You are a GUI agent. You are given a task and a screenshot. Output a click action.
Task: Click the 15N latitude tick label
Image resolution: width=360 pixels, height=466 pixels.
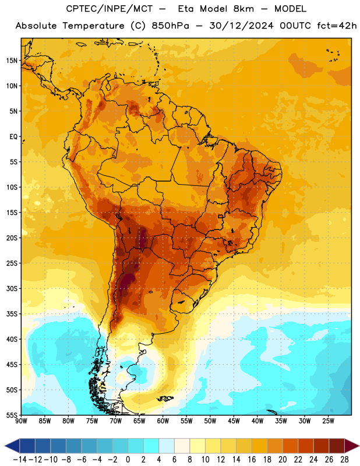(x=12, y=61)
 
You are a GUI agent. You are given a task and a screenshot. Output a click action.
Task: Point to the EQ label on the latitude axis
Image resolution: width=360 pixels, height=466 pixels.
(x=13, y=137)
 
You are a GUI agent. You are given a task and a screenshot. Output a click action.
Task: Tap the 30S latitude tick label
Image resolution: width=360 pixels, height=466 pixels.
(x=12, y=288)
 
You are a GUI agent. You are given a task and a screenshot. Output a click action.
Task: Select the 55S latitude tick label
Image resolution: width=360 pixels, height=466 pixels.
(x=12, y=415)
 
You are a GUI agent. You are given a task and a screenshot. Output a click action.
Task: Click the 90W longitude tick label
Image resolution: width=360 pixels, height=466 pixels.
(x=22, y=421)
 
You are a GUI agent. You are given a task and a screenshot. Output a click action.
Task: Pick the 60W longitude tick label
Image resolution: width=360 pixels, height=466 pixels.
(x=163, y=421)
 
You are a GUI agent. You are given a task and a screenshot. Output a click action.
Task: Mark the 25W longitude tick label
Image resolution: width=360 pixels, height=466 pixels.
(x=328, y=421)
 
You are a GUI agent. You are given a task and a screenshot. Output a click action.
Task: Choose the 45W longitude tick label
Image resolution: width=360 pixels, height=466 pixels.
(x=234, y=421)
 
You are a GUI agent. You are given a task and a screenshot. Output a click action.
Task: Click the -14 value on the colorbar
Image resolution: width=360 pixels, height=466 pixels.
(x=20, y=460)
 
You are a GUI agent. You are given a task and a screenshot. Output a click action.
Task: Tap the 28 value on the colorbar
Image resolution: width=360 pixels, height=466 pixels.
(x=344, y=460)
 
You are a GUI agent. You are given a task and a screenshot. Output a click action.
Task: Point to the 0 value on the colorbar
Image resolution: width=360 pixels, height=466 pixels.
(x=128, y=460)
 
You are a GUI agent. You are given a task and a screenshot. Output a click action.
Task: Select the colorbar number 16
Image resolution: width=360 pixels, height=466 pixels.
(x=252, y=460)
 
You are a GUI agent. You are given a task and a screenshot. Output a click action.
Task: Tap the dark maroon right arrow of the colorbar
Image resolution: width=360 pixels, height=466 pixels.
(x=352, y=446)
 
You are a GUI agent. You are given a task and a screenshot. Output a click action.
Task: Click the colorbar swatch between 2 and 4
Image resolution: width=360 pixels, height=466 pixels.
(x=151, y=446)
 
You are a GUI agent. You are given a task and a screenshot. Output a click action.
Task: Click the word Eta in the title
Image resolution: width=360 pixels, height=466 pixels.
(x=186, y=9)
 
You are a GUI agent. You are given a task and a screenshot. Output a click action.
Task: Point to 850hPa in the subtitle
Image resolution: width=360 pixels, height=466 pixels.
(x=170, y=26)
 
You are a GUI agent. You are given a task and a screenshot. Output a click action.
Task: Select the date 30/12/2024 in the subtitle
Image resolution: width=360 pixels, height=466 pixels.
(x=241, y=26)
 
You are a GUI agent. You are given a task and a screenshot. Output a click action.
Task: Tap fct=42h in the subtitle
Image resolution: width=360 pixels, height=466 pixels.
(x=337, y=26)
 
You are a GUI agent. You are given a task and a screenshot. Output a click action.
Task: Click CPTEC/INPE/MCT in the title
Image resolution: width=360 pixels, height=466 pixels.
(x=110, y=9)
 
